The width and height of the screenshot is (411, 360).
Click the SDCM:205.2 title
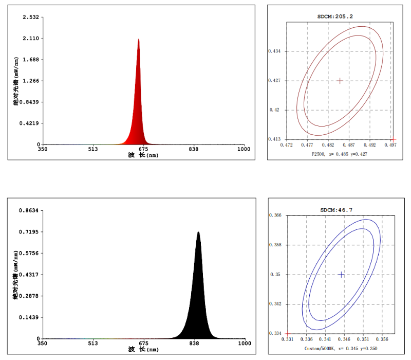tap(335, 16)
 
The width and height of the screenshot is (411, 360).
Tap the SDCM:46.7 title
tap(336, 210)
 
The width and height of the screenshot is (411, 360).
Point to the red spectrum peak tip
tap(139, 39)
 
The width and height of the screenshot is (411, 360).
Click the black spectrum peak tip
tap(198, 232)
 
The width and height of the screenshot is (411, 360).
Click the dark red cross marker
tap(340, 81)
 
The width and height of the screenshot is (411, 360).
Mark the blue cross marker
tap(342, 275)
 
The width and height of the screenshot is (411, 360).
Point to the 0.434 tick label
tap(275, 51)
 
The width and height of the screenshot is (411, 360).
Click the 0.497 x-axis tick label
tap(393, 145)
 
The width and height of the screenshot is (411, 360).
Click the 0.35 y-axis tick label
tap(277, 275)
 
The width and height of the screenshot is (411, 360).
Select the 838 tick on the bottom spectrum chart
tap(194, 344)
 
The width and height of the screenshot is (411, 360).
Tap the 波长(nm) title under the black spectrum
tap(143, 350)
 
